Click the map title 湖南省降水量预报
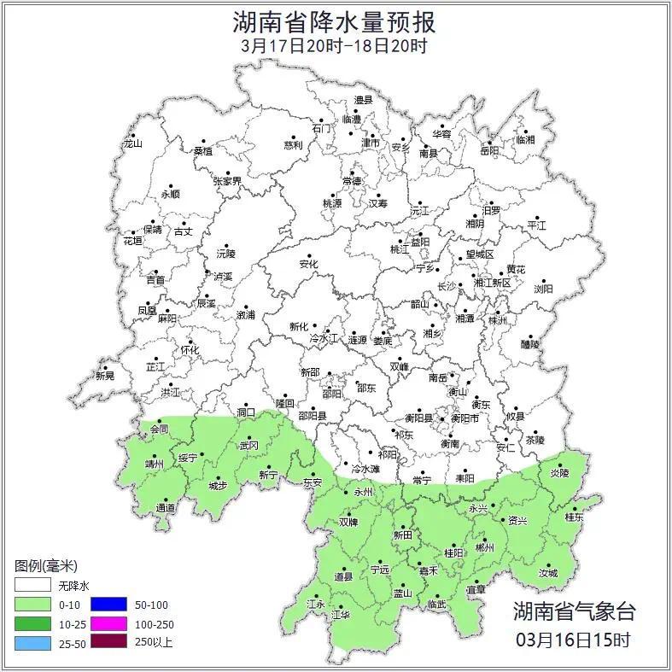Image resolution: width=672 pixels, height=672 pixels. tap(336, 20)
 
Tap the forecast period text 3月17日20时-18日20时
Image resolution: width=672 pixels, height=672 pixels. tap(334, 45)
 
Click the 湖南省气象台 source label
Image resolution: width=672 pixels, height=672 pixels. tap(574, 611)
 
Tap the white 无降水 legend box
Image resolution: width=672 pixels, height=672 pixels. tap(32, 586)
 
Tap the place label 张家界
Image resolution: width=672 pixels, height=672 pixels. tap(227, 182)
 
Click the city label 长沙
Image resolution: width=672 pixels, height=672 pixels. tap(447, 286)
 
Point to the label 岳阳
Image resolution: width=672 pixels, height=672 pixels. tap(488, 152)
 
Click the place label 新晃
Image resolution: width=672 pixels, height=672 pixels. tap(104, 376)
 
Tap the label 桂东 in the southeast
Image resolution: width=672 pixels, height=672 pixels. tap(574, 517)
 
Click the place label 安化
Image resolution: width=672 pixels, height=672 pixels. tap(307, 265)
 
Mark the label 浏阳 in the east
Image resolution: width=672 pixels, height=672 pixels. tap(543, 289)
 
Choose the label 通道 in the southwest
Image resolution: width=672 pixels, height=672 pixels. tap(166, 508)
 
